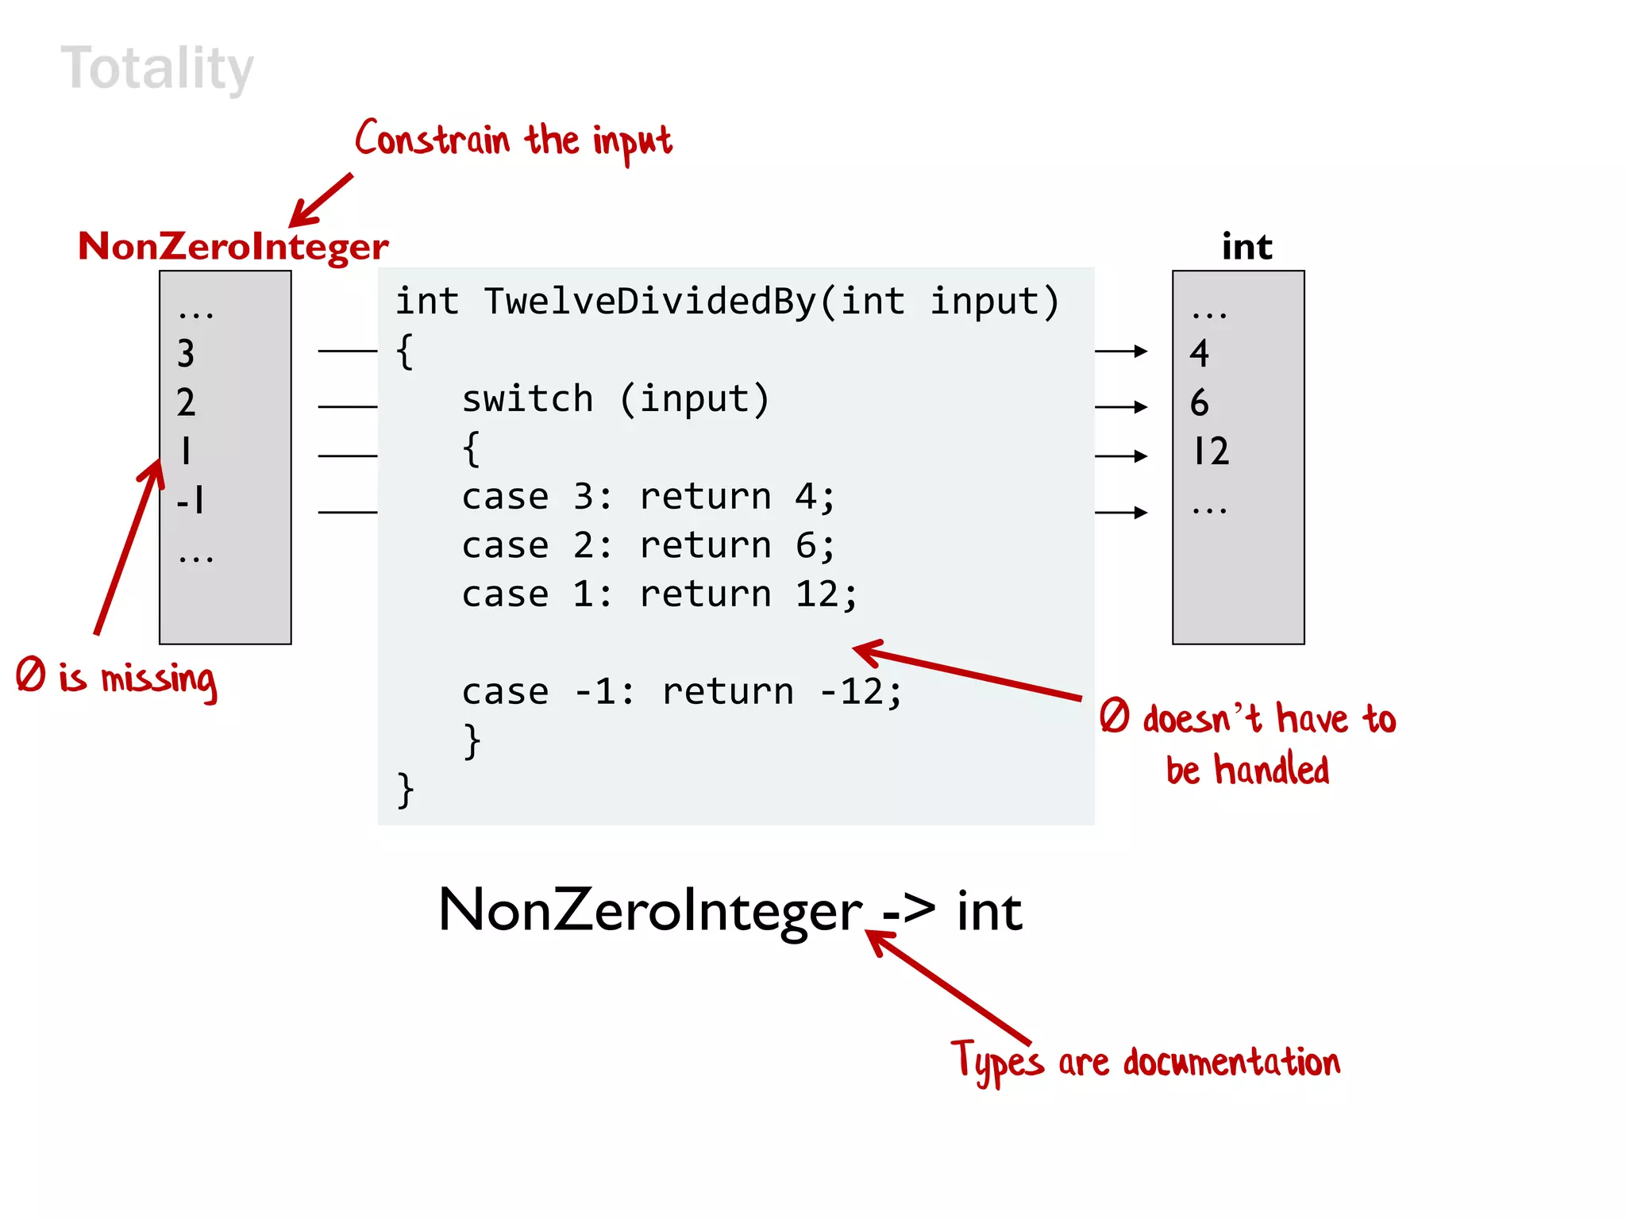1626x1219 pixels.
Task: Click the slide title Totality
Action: pos(157,69)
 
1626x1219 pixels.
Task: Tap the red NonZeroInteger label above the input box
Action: pos(233,247)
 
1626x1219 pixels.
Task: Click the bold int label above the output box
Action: pos(1246,247)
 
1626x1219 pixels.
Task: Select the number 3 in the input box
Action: pos(186,354)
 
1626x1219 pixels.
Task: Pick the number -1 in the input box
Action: pos(191,501)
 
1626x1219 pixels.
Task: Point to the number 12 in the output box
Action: pos(1212,452)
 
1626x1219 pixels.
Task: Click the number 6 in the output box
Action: pos(1199,403)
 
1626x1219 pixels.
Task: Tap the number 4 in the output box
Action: pos(1199,354)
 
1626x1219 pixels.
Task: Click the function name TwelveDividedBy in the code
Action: pos(651,302)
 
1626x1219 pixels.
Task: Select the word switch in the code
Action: pos(527,398)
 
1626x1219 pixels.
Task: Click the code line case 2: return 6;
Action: pos(648,546)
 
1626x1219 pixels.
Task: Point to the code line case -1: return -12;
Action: pos(681,692)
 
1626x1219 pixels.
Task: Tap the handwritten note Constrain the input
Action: pos(513,141)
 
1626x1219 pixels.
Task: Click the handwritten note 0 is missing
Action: pos(116,679)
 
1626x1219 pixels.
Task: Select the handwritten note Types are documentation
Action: pos(1145,1062)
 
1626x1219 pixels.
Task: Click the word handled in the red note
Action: pos(1272,770)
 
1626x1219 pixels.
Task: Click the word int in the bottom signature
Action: pos(989,911)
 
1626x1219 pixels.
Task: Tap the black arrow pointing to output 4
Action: pos(1121,351)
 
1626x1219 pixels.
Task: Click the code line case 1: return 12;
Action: pos(659,594)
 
